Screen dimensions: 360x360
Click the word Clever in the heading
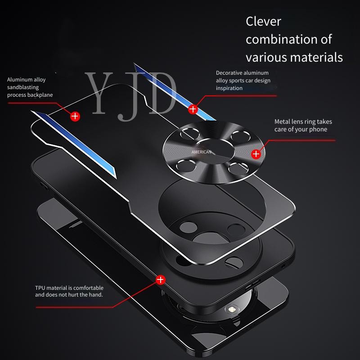point(263,22)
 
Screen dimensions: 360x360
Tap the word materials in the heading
point(317,57)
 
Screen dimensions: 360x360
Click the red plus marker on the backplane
point(75,117)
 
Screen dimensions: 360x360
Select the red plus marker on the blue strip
point(193,109)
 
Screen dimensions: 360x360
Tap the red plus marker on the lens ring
point(256,154)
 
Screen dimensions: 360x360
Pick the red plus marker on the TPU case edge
point(160,280)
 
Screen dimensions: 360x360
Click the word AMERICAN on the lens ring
point(201,152)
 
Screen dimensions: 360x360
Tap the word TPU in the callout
point(40,288)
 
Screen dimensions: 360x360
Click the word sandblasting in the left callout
point(23,87)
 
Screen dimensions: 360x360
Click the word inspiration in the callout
point(229,88)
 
